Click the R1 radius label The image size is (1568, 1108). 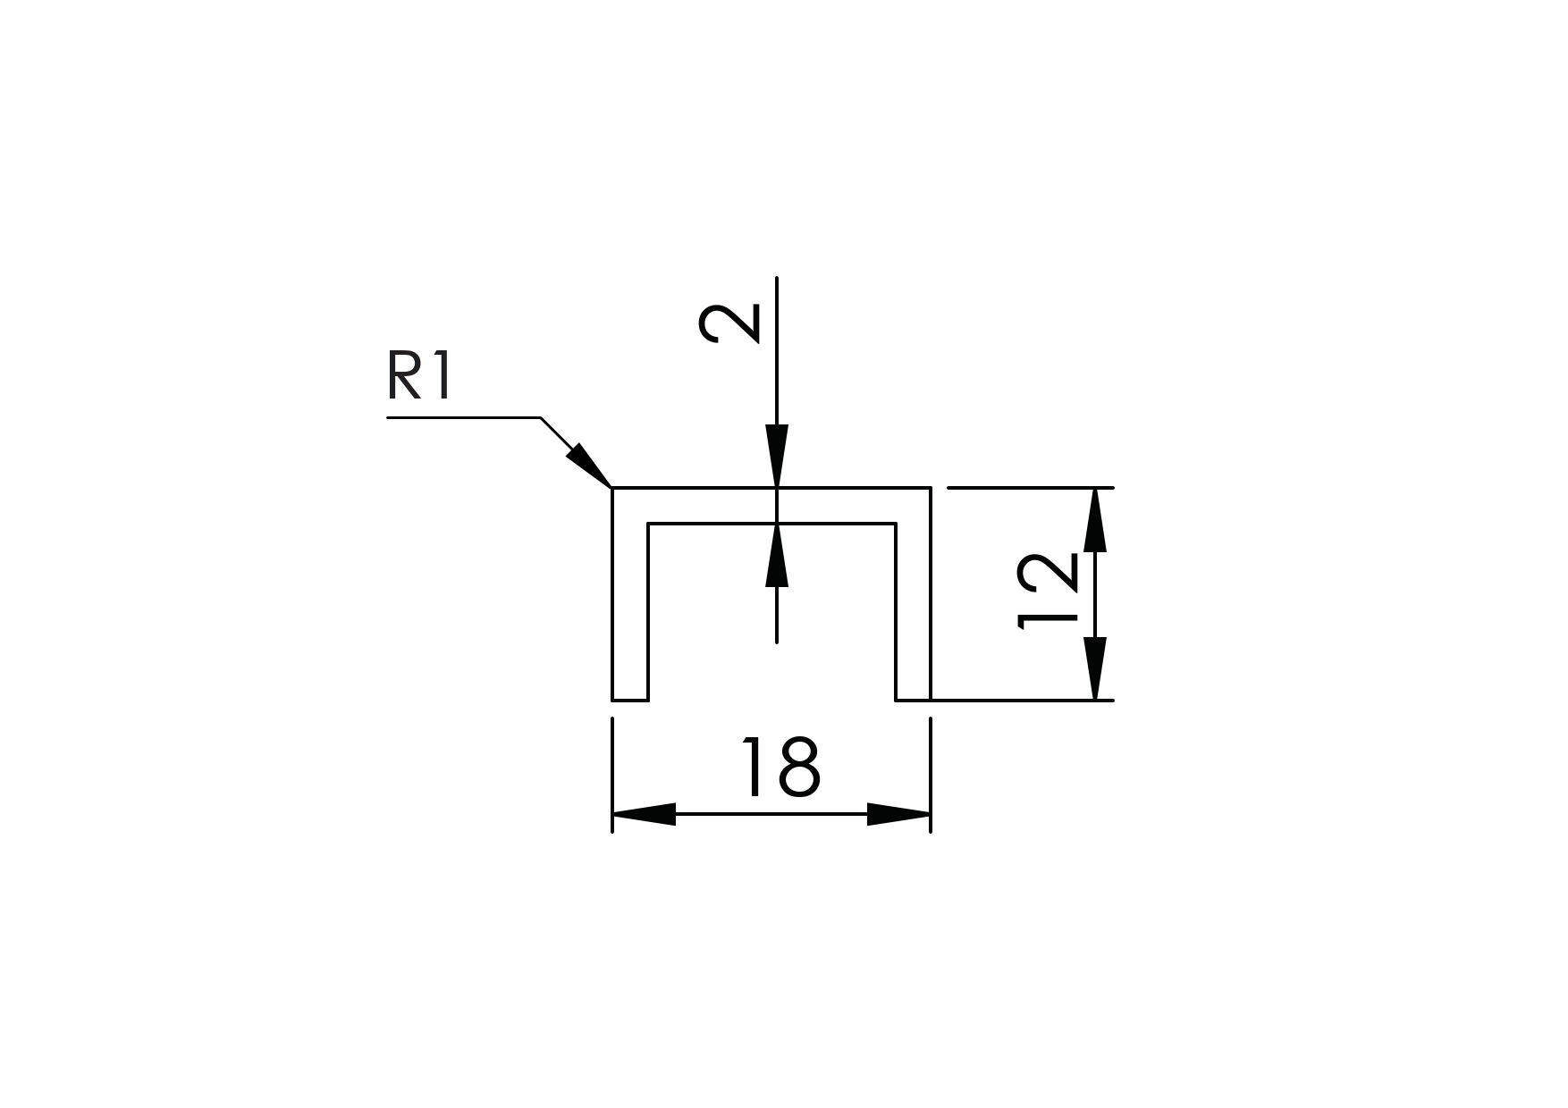point(419,376)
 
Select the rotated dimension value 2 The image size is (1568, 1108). point(729,323)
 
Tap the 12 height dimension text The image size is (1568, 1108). point(1048,592)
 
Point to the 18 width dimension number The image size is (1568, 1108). point(780,768)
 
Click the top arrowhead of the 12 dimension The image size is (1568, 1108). point(1095,520)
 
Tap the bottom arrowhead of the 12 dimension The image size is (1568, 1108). point(1095,668)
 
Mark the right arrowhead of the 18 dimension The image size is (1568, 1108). point(898,814)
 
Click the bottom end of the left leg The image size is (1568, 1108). point(630,700)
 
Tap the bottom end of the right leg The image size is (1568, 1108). point(913,700)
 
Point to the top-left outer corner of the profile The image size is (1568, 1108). point(612,488)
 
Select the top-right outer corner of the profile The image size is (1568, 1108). point(931,488)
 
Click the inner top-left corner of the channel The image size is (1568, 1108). point(648,524)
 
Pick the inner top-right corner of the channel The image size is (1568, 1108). point(896,524)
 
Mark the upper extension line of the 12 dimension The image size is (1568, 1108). point(1028,488)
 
